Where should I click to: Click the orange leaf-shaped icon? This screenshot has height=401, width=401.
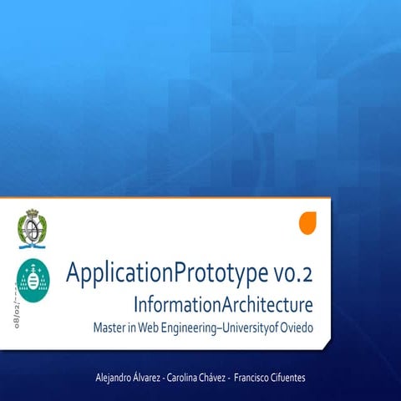pyautogui.click(x=308, y=223)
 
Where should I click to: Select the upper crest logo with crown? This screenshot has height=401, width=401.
pyautogui.click(x=32, y=228)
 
